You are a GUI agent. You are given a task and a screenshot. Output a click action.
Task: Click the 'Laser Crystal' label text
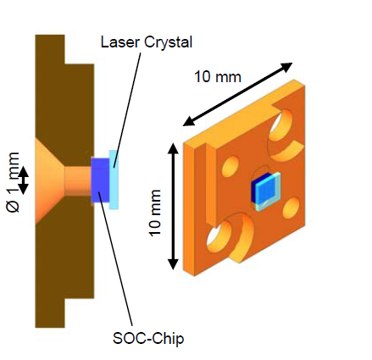point(147,42)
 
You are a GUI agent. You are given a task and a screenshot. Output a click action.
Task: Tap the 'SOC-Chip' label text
point(148,338)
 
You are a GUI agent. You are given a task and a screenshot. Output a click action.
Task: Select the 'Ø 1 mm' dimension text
point(13,182)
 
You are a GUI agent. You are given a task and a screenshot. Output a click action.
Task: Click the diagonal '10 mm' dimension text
point(218,76)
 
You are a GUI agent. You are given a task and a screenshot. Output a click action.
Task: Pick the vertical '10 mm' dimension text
point(155,213)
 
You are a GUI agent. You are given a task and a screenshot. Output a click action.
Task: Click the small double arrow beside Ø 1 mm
point(24,180)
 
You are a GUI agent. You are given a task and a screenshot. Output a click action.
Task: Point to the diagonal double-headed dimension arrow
point(238,94)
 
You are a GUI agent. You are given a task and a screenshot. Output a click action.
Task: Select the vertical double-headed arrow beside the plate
point(173,207)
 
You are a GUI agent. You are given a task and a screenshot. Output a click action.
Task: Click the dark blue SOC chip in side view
point(100,180)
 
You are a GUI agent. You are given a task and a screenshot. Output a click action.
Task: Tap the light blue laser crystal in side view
point(114,180)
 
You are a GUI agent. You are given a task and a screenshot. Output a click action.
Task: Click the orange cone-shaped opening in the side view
point(50,180)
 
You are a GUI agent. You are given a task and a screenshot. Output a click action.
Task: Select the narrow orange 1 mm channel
point(78,181)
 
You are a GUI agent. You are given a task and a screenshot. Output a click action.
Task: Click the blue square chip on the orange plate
point(266,191)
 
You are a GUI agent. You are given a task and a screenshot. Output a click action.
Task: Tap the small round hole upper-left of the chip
point(230,167)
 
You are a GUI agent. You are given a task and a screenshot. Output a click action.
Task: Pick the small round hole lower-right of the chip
point(291,208)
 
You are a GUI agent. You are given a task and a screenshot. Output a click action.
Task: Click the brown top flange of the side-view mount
point(50,49)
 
